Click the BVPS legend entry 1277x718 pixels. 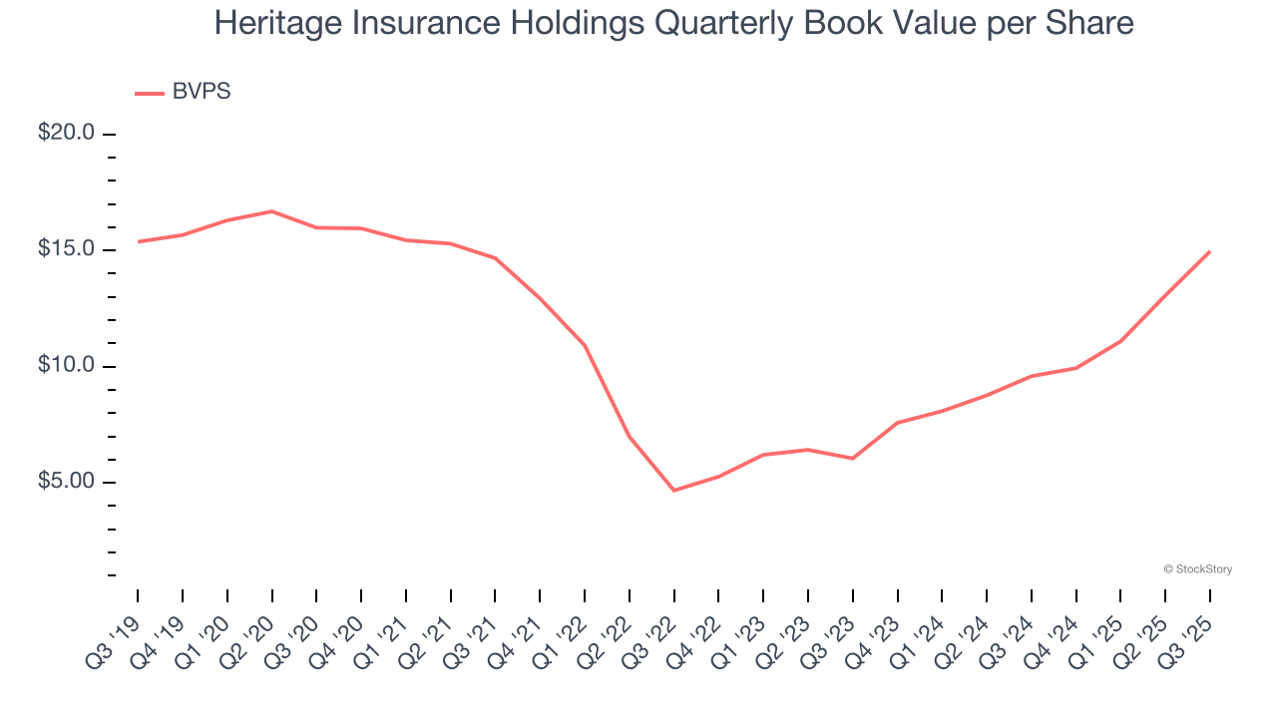201,92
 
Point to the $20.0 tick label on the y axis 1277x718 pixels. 66,134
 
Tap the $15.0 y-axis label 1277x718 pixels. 66,249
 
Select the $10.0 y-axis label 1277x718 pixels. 66,366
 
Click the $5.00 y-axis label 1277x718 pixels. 66,483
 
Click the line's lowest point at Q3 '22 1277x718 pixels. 674,491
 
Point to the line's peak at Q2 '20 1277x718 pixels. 272,211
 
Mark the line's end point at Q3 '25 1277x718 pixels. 1210,251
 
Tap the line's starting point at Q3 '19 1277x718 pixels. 139,241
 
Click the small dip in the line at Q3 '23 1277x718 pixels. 853,459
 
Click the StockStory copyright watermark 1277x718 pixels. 1198,569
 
